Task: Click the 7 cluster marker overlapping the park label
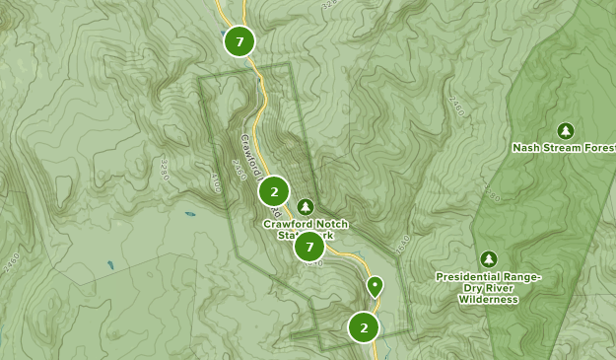tap(309, 247)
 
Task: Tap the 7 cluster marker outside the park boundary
tap(239, 41)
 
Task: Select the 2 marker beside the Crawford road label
tap(274, 190)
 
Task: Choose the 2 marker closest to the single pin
tap(364, 327)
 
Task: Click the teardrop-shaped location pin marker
tap(375, 286)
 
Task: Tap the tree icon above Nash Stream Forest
tap(565, 130)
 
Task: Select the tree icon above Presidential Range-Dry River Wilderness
tap(487, 258)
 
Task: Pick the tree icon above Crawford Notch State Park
tap(306, 206)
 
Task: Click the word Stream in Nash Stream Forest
tap(563, 148)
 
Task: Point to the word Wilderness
tap(488, 300)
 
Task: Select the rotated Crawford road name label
tap(249, 158)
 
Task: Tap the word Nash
tap(526, 148)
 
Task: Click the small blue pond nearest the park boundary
tap(188, 213)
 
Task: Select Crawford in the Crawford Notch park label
tap(287, 224)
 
